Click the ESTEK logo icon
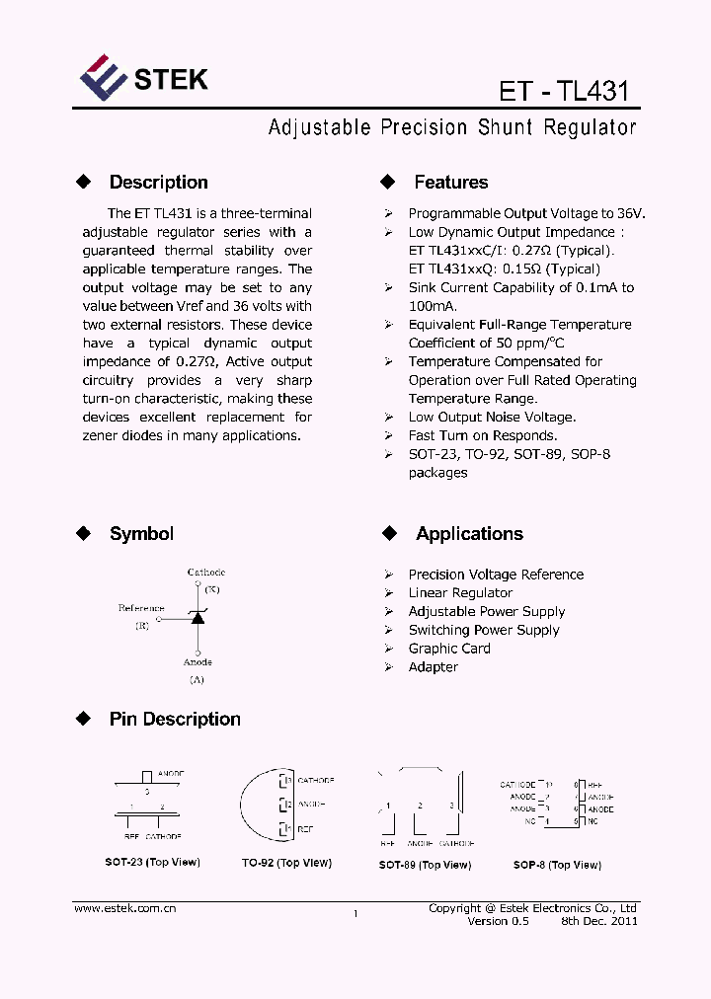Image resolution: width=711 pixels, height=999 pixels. [103, 78]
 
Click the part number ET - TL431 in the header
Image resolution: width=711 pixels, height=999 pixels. [563, 91]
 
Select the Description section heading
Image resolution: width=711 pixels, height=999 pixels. [158, 183]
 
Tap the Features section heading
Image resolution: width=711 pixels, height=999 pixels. [450, 183]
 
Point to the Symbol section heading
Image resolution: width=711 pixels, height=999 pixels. [141, 534]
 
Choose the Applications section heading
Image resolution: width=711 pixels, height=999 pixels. [469, 534]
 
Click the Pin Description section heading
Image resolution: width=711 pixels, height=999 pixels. [175, 720]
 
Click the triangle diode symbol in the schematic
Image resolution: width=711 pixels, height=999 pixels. [197, 618]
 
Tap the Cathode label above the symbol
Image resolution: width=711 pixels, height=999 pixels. [206, 573]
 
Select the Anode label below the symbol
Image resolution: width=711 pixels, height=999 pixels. [197, 662]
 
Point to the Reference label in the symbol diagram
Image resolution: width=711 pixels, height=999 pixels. [141, 608]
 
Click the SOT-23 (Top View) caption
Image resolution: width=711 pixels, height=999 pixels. [152, 863]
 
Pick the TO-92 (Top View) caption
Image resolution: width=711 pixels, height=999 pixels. [286, 863]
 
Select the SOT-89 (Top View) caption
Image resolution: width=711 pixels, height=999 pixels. [425, 865]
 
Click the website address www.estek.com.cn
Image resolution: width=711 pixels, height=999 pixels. [125, 908]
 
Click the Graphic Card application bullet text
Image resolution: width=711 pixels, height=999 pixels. [449, 649]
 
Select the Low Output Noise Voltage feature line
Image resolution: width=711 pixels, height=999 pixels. [492, 418]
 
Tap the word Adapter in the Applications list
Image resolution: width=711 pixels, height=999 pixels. [434, 667]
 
